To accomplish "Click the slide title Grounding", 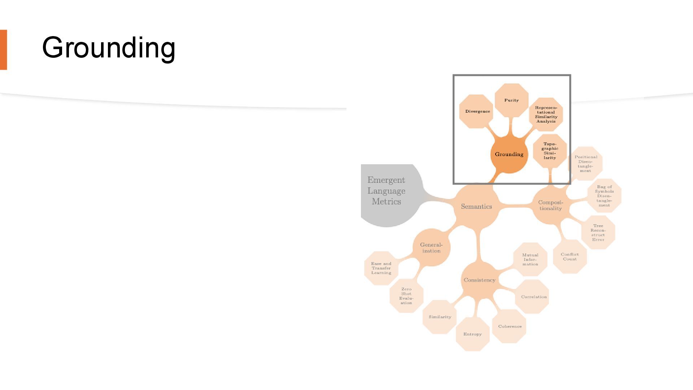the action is coord(109,47).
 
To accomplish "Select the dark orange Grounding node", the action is coord(509,155).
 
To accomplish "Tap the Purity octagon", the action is coord(511,100).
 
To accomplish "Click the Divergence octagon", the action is coord(477,112).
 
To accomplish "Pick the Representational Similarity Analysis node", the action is coord(546,114).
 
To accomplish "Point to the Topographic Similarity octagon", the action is coord(550,151).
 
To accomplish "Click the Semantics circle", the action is coord(476,207).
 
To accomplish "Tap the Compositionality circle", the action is coord(550,205).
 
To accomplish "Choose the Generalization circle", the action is coord(431,248).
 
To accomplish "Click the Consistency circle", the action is coord(479,280).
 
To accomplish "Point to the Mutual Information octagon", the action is coord(530,260).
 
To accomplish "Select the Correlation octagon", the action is coord(533,297).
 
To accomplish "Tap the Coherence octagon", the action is coord(509,326).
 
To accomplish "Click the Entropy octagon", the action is coord(472,334).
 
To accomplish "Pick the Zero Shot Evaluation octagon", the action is coord(406,296).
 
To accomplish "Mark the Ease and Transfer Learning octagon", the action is coord(381,268).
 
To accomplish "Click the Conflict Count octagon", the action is coord(570,257).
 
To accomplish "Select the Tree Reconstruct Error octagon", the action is coord(598,233).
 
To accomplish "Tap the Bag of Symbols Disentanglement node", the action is coord(604,196).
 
